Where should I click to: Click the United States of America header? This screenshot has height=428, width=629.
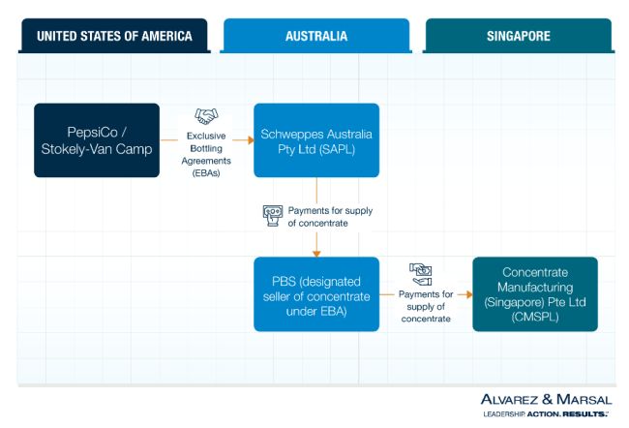114,36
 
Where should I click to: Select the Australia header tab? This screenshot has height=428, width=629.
316,36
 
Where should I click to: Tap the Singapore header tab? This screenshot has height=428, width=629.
518,36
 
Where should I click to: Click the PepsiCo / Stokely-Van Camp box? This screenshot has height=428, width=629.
97,140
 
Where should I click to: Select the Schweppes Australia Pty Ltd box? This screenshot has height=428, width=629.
316,140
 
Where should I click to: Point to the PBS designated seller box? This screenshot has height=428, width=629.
316,293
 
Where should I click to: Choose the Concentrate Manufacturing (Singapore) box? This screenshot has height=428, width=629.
534,293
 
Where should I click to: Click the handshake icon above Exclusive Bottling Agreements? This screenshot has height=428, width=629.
207,116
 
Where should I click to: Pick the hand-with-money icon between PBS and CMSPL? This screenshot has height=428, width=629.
421,272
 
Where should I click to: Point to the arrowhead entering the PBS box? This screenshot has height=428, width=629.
316,253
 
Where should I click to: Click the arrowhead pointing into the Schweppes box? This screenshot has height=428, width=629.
249,140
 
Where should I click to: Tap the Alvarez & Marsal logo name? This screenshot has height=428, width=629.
546,398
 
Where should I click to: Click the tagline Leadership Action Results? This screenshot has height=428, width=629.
546,413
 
